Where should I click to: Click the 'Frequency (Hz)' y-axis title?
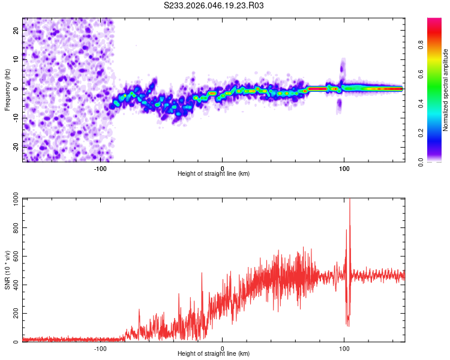[7, 89]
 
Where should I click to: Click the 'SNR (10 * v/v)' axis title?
[7, 270]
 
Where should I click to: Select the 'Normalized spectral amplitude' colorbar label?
[446, 90]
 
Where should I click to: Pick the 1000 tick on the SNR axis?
[13, 199]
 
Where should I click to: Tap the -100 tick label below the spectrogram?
[100, 167]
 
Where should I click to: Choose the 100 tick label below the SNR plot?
[344, 347]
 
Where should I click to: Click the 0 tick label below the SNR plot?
[223, 347]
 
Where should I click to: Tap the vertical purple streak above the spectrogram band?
[343, 69]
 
